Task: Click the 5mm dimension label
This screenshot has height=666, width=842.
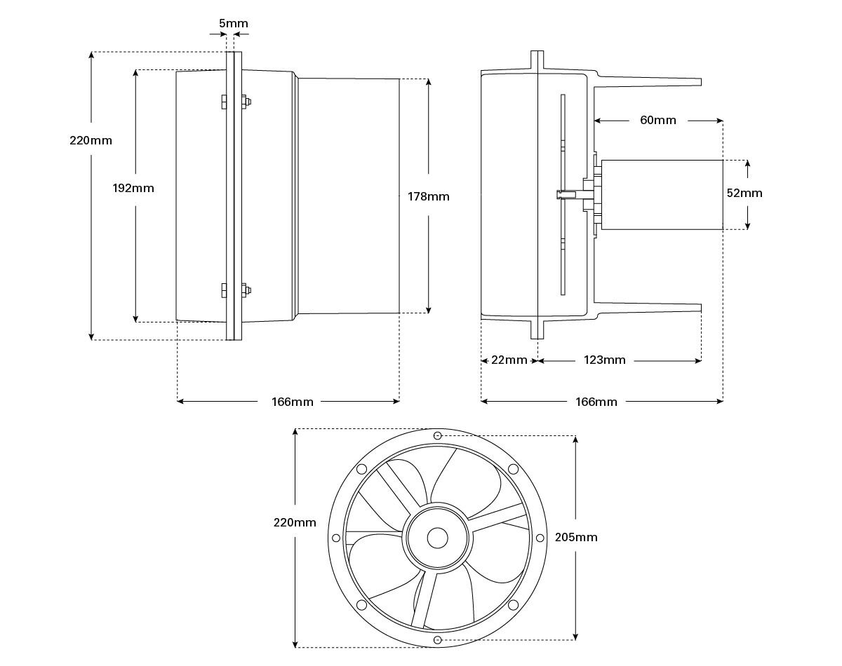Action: pyautogui.click(x=233, y=23)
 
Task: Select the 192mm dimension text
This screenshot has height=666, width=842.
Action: pyautogui.click(x=133, y=188)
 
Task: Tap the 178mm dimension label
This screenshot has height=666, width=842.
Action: pyautogui.click(x=428, y=196)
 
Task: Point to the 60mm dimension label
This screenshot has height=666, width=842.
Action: pyautogui.click(x=658, y=120)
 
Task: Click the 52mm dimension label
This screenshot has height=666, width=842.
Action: pyautogui.click(x=744, y=193)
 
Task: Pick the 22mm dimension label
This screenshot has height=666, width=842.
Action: pyautogui.click(x=509, y=360)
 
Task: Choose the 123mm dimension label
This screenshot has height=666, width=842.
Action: pyautogui.click(x=604, y=360)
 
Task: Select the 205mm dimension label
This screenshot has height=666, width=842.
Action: pyautogui.click(x=576, y=537)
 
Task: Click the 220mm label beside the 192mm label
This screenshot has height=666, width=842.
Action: pyautogui.click(x=91, y=140)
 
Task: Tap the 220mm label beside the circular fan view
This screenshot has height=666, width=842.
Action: pyautogui.click(x=295, y=522)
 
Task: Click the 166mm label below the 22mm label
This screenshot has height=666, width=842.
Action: pyautogui.click(x=596, y=402)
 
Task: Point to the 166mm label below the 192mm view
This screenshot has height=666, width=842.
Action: pyautogui.click(x=293, y=402)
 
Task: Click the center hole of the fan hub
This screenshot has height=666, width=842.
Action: pyautogui.click(x=438, y=538)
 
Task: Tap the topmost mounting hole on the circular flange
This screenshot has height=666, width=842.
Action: pyautogui.click(x=438, y=436)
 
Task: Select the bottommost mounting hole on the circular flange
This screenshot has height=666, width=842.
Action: pyautogui.click(x=438, y=639)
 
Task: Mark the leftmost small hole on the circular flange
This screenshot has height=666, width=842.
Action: pyautogui.click(x=336, y=538)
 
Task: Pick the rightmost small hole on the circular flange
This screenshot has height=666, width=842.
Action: pyautogui.click(x=540, y=538)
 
